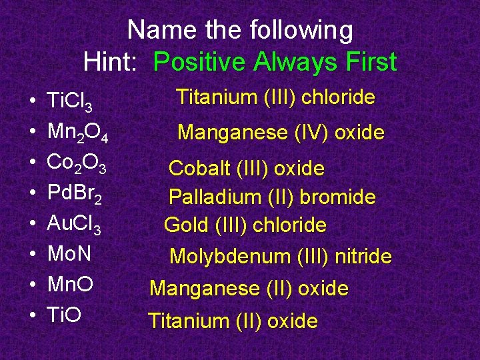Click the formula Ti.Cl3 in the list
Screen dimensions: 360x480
point(74,101)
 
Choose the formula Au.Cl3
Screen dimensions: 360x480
point(74,224)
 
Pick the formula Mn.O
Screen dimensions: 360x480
point(69,285)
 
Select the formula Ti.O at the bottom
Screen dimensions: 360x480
point(64,315)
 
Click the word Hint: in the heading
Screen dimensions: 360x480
point(110,62)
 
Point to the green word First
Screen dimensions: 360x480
point(367,62)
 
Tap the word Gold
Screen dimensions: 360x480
point(187,225)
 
